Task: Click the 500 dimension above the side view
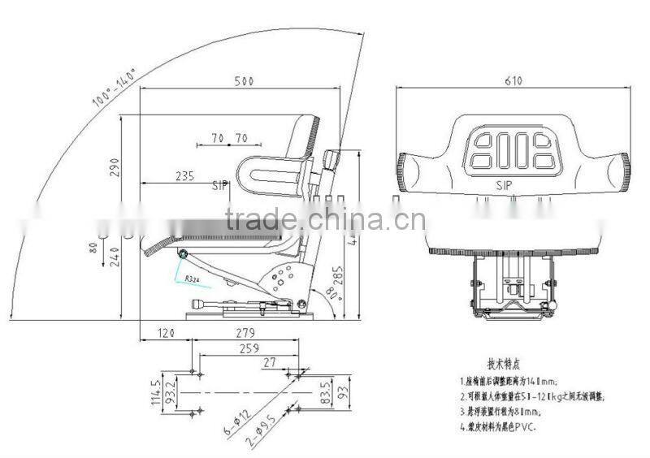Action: click(245, 81)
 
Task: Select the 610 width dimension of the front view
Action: click(513, 80)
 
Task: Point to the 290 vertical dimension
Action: click(115, 166)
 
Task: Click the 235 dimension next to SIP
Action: click(184, 175)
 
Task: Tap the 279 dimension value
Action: click(245, 333)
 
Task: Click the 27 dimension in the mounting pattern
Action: click(269, 363)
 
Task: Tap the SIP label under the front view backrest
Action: click(505, 186)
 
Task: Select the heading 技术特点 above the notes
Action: click(503, 365)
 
